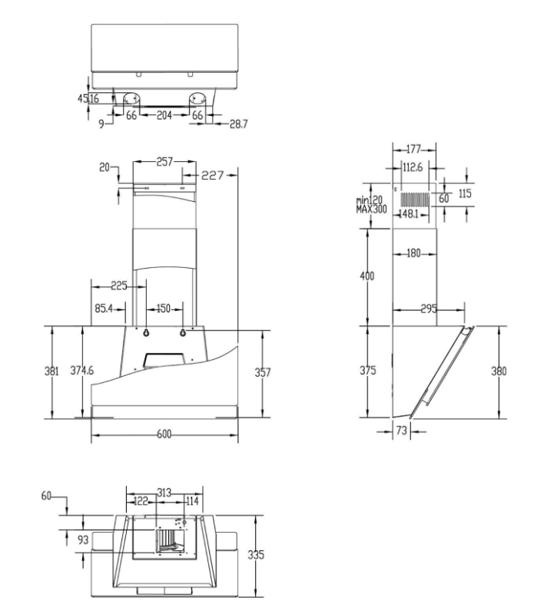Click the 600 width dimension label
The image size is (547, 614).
tap(164, 434)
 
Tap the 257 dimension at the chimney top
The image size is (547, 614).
tap(164, 162)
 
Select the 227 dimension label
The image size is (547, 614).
tap(212, 176)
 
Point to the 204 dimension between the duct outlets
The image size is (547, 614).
tap(164, 115)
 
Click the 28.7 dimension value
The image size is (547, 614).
tap(239, 124)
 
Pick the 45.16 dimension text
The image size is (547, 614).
tap(88, 98)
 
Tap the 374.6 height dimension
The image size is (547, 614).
tap(82, 370)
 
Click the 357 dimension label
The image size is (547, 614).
tap(263, 371)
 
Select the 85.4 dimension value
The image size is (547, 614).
tap(104, 309)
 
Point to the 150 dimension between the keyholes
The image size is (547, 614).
tap(164, 309)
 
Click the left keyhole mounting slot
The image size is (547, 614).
tap(146, 333)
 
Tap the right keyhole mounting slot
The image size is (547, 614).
tap(183, 333)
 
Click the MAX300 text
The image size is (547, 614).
tap(371, 209)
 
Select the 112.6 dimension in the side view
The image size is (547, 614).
tap(413, 167)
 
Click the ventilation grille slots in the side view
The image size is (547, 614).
tap(415, 200)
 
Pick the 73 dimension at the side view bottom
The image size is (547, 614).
tap(402, 431)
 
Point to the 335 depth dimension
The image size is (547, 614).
tap(256, 554)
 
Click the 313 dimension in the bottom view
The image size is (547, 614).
tap(164, 493)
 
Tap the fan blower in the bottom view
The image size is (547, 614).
tap(171, 541)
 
